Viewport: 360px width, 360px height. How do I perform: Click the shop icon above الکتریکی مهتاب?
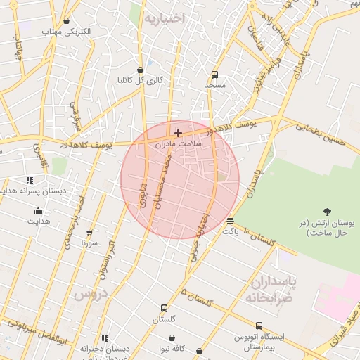pos(66,21)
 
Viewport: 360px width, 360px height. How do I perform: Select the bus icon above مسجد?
pos(214,73)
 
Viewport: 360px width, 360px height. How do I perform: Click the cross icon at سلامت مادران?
pos(178,131)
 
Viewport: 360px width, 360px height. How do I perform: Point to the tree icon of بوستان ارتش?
pos(327,211)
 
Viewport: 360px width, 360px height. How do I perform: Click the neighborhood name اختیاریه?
pos(163,19)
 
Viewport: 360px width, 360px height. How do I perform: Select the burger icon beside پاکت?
pos(231,221)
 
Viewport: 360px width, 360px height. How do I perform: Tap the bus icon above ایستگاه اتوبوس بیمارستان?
pos(259,326)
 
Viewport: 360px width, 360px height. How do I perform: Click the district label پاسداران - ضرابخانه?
pos(270,289)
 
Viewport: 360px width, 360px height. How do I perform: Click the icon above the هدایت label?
pos(38,210)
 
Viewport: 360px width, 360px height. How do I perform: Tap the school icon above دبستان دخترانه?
pos(105,338)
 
